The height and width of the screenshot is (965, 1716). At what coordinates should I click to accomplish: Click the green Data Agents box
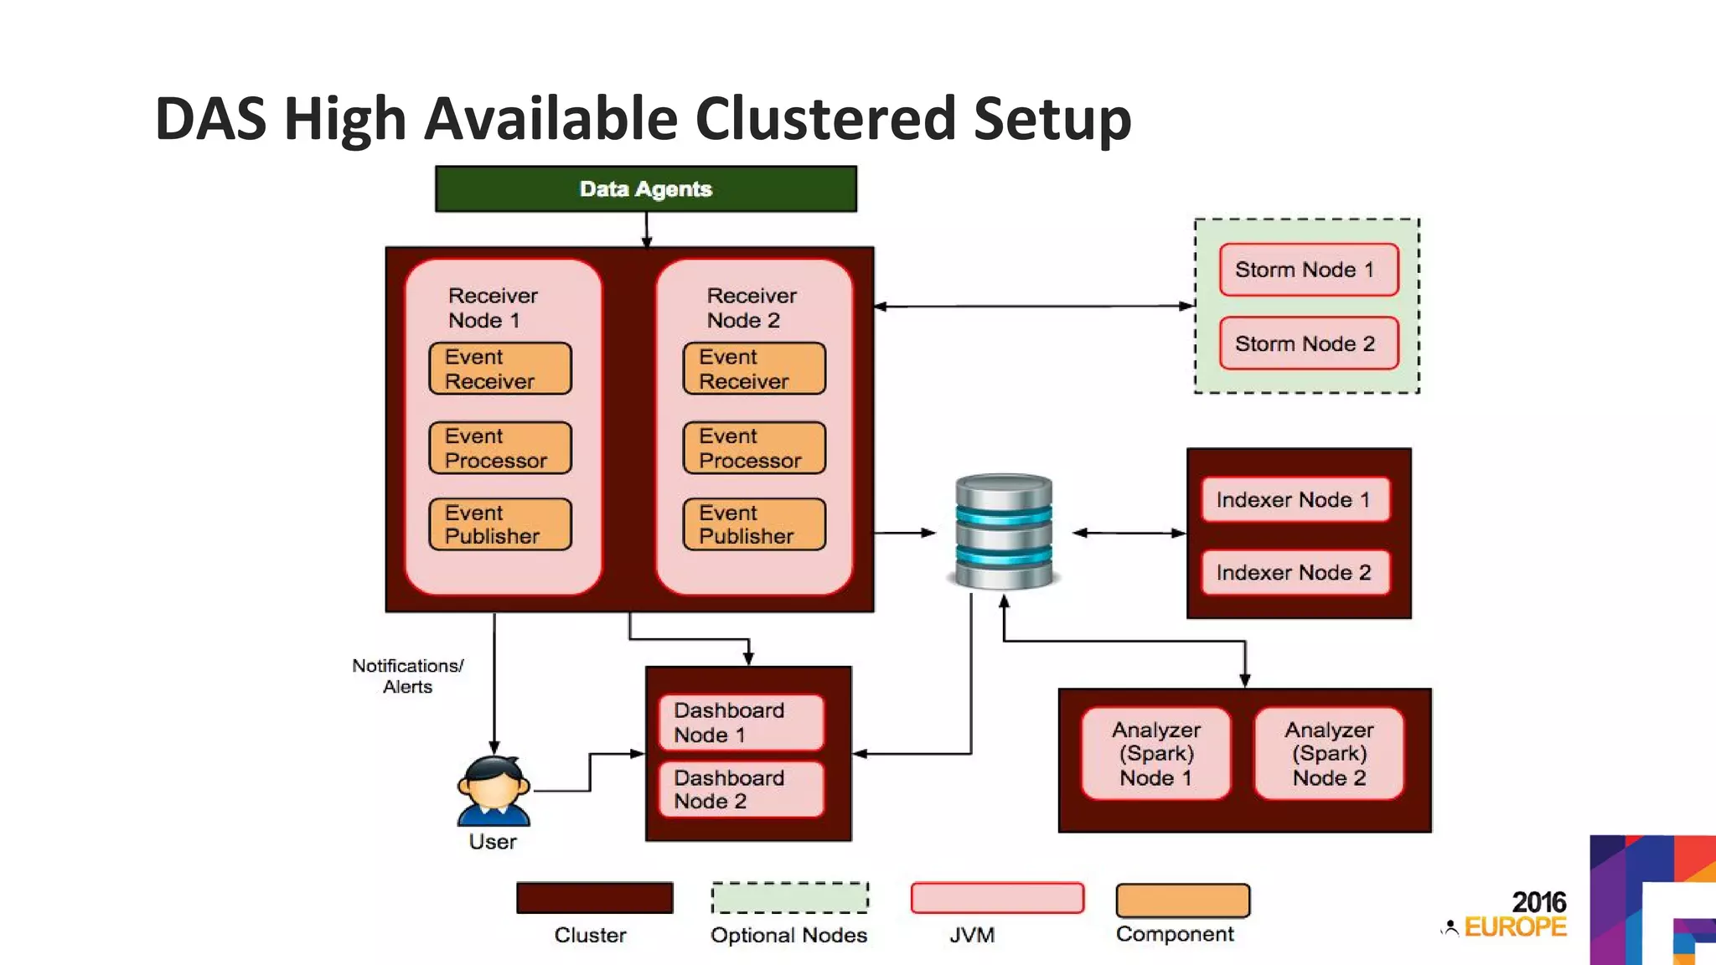(645, 189)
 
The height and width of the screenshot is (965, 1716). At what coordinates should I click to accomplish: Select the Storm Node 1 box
(1309, 270)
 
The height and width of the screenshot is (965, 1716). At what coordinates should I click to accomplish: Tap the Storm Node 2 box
(1309, 343)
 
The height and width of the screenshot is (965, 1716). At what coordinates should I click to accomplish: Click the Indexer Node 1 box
(1295, 500)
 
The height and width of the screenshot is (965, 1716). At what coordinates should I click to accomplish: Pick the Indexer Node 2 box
(1295, 573)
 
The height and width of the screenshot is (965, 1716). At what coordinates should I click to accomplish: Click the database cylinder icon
(1004, 531)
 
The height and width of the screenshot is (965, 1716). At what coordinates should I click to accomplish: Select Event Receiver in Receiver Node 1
(500, 369)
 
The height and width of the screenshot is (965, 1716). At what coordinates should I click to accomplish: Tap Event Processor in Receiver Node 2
(754, 448)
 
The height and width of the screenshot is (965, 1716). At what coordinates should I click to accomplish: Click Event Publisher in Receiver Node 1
(500, 524)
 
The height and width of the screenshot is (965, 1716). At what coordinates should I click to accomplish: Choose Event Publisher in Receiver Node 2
(754, 524)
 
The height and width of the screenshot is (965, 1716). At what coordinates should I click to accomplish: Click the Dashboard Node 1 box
(741, 722)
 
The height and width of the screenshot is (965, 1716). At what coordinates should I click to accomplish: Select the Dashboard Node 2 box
(741, 789)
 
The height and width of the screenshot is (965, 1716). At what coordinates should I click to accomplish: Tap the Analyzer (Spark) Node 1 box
(1156, 754)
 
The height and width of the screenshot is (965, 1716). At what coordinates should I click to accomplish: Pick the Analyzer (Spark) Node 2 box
(1329, 754)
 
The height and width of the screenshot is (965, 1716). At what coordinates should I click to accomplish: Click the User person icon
(494, 792)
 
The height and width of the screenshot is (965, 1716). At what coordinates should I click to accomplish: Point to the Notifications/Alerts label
(408, 676)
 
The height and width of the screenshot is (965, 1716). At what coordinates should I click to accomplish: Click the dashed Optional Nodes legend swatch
(789, 898)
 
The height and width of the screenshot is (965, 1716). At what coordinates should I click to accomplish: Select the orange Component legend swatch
(1182, 900)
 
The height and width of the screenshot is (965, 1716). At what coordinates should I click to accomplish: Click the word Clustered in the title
(825, 119)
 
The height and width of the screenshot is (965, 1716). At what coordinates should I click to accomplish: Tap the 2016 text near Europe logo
(1538, 902)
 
